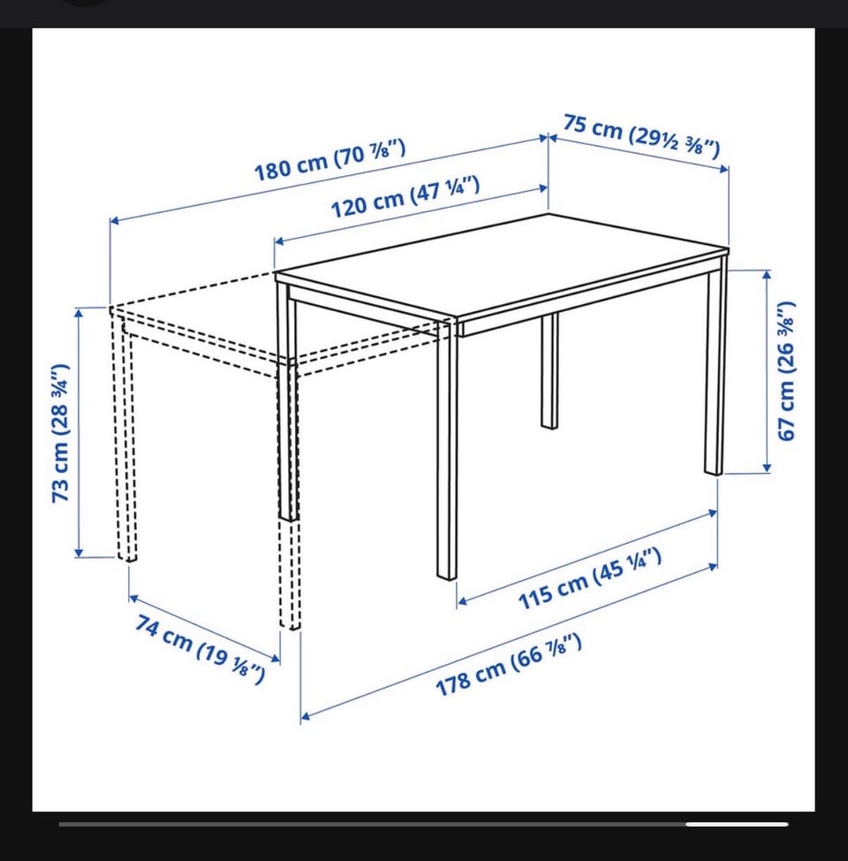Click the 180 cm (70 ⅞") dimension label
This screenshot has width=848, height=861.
coord(329,160)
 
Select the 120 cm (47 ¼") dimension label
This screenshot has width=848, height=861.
coord(405,196)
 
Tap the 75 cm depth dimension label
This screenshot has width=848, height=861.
coord(641,135)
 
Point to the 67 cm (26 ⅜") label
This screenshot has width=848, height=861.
coord(786,370)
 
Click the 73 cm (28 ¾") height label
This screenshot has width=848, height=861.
coord(60,432)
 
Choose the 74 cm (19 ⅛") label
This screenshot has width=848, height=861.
coord(201,650)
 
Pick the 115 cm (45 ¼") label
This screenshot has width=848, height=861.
coord(589,579)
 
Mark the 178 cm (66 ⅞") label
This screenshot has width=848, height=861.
coord(508,665)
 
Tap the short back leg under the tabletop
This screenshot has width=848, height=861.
coord(549,370)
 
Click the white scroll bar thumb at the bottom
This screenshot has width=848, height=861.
coord(737,824)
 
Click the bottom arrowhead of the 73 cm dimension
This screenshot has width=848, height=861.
coord(79,552)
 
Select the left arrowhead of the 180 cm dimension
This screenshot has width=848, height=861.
coord(115,221)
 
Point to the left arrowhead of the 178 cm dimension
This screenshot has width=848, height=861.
coord(305,716)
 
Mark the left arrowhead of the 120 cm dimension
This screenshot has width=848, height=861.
coord(279,241)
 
